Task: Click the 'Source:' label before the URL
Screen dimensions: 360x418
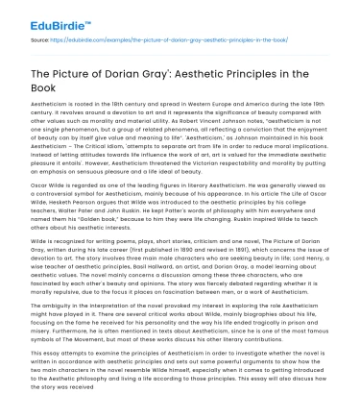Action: (x=40, y=40)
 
